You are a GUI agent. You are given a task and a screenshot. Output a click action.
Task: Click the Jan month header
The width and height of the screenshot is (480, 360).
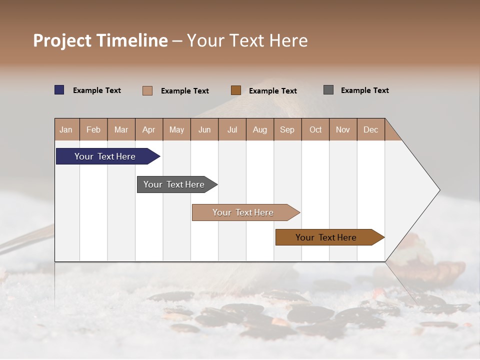pos(66,129)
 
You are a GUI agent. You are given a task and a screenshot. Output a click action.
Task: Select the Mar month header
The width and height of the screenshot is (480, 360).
pos(121,129)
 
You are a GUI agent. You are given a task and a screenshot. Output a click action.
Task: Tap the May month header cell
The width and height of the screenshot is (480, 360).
pos(176,129)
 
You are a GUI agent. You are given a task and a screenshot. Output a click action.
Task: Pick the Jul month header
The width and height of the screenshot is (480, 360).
pos(232,129)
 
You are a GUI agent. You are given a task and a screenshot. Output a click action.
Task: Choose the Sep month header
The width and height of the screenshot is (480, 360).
pos(287,129)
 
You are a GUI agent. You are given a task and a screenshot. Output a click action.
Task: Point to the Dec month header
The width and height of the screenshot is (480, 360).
pos(370,129)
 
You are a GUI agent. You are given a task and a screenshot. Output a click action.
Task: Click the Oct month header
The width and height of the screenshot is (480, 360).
pos(315,129)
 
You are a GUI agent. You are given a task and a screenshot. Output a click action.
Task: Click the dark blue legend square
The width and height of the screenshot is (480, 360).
pos(59,90)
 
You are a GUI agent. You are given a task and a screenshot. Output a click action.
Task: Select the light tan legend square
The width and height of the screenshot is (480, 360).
pos(147,90)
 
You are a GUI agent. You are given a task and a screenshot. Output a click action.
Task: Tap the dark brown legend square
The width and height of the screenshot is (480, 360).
pos(236,90)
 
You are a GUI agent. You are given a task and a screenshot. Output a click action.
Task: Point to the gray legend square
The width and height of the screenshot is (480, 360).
pos(328,90)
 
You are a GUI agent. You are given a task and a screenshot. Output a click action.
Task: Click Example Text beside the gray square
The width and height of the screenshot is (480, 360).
pos(364,90)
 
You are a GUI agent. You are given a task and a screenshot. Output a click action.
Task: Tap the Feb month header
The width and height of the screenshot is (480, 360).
pos(93,129)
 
